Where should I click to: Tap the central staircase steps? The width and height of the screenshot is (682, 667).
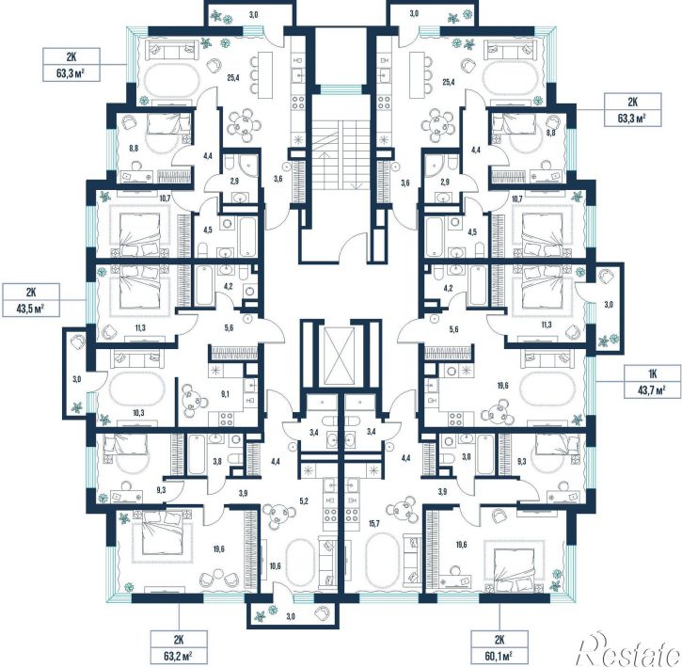[341, 154]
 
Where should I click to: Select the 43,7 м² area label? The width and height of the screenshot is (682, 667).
[653, 390]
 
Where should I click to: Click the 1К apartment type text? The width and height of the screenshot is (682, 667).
[653, 373]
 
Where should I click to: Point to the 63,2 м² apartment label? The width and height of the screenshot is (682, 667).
[179, 656]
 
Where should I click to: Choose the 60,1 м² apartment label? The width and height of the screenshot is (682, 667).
[500, 656]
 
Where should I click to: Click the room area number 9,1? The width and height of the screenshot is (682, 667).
[226, 395]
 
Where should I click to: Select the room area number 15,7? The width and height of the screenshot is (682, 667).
[374, 523]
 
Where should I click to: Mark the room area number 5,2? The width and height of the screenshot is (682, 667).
[304, 501]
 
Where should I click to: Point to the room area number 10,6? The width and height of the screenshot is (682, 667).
[275, 566]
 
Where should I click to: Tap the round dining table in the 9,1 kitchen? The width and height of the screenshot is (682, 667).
[192, 400]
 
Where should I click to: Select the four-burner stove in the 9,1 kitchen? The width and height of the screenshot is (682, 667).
[226, 419]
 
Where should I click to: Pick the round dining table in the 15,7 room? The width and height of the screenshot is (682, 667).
[402, 510]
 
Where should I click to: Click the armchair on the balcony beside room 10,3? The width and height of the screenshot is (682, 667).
[79, 341]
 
